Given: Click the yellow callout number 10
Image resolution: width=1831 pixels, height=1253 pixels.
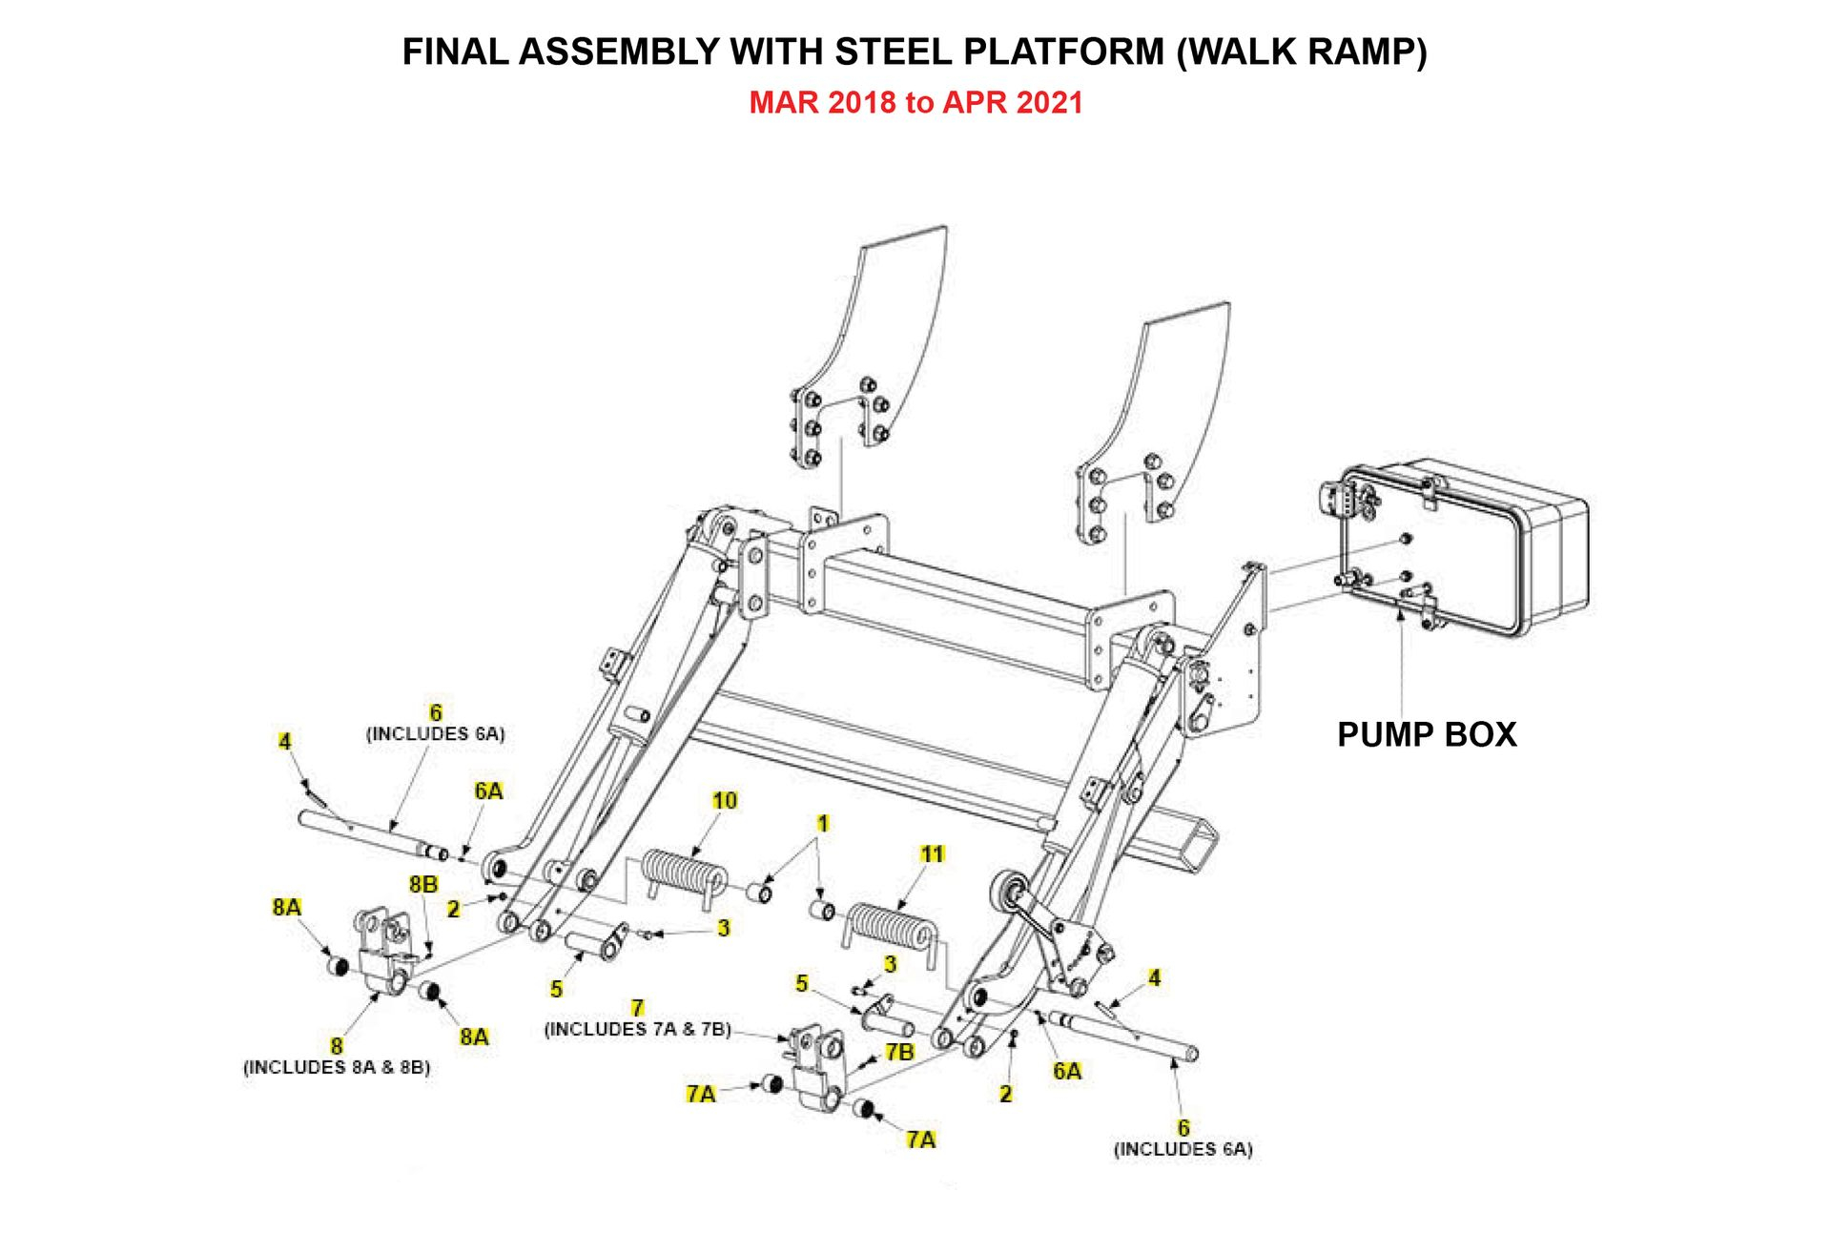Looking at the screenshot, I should click(725, 800).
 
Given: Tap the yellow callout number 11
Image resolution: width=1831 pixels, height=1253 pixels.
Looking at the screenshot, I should click(933, 853).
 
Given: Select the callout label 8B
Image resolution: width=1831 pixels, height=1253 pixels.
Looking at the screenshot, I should click(423, 884).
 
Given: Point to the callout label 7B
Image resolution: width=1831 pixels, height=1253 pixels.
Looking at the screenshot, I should click(899, 1052).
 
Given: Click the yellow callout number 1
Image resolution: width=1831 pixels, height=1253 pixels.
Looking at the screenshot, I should click(823, 823).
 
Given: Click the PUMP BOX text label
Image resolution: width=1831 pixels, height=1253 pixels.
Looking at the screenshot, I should click(1427, 734).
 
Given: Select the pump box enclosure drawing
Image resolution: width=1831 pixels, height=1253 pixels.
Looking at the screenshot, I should click(1459, 548).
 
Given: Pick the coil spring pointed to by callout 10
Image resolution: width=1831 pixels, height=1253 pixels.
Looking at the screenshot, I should click(682, 873).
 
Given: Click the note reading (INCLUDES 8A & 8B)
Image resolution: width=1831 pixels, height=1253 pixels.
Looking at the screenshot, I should click(337, 1067).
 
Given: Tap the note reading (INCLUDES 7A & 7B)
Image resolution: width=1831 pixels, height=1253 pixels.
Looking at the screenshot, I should click(637, 1029).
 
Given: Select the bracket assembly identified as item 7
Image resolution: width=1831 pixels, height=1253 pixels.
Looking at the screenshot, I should click(818, 1068).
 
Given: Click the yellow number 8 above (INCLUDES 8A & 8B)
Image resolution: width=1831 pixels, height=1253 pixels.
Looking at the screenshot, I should click(337, 1046).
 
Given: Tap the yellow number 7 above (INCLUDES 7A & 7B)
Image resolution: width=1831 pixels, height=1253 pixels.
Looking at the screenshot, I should click(637, 1008).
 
